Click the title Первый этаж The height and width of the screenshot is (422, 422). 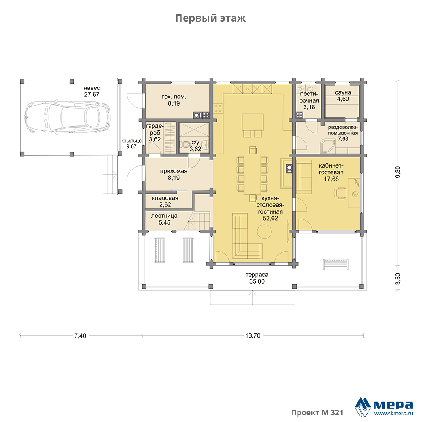pos(211,18)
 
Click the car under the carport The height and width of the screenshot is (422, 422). pos(67,118)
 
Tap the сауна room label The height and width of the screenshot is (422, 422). pos(343,92)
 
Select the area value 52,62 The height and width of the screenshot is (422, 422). pos(270,218)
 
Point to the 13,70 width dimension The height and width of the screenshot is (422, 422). pos(253,335)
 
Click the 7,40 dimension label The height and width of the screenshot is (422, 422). pos(80,335)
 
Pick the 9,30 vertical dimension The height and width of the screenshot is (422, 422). pos(398,172)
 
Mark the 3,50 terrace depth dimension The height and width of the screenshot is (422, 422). pos(398,279)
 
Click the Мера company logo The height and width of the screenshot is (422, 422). pos(384,406)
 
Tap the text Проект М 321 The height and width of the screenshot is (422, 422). pos(317,413)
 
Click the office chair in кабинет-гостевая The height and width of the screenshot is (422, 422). pos(340,193)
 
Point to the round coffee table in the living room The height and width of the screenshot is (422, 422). pos(264,231)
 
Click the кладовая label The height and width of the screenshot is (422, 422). pos(165,198)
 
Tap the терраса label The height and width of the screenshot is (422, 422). pos(257,275)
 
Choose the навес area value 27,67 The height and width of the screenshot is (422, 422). pos(92,95)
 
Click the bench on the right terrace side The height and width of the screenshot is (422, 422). pos(336,264)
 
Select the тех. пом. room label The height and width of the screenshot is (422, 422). pos(174,97)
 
